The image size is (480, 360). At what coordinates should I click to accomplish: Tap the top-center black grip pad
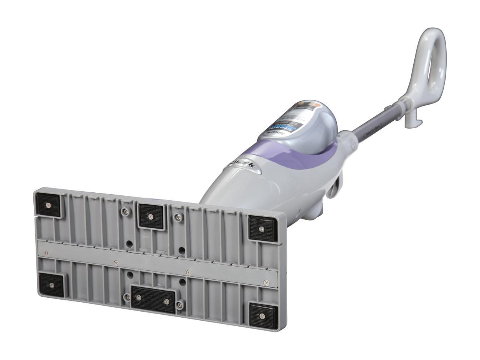[x=150, y=216]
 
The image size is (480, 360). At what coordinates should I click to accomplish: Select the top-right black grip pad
[x=262, y=228]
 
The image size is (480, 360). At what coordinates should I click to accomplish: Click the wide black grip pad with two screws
[x=153, y=300]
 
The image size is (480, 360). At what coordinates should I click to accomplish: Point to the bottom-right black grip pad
[x=263, y=313]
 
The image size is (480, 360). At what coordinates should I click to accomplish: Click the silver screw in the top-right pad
[x=262, y=228]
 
